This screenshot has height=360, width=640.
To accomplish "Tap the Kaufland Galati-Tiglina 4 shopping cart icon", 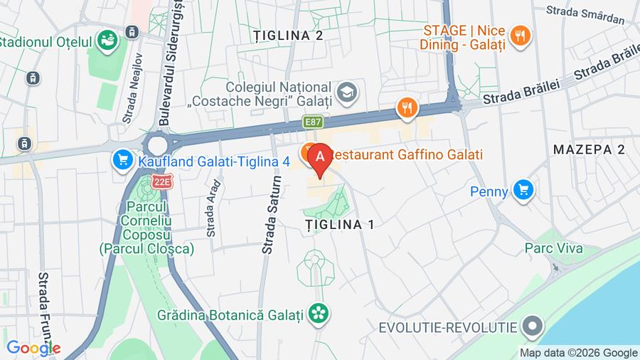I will click(123, 160).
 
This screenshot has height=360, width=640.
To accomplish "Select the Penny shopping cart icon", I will click(525, 190).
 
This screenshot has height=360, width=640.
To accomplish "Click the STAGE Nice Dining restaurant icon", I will click(521, 36).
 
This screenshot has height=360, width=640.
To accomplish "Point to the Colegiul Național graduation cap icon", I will click(348, 91).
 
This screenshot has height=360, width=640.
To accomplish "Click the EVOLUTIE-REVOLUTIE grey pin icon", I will click(531, 327).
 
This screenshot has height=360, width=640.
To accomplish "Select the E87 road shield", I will click(313, 122).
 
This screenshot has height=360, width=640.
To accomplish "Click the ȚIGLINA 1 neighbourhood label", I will click(339, 224).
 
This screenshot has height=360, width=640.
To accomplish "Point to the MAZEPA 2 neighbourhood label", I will click(588, 149).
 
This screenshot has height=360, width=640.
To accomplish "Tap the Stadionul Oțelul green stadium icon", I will click(108, 40).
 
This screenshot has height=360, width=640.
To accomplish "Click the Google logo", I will click(33, 349).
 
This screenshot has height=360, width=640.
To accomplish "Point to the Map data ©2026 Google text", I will click(578, 353).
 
